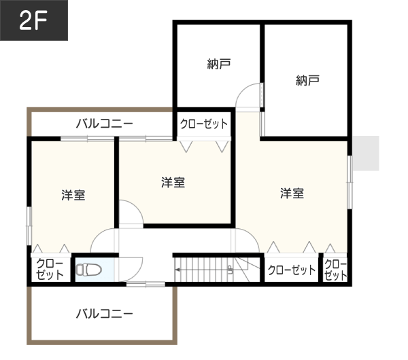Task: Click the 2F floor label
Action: coord(33,20)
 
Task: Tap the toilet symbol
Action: coord(88,270)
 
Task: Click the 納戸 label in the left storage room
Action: coord(219,64)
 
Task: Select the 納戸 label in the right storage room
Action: coord(307,80)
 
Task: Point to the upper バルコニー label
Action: coord(105,123)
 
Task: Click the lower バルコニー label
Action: coord(105,314)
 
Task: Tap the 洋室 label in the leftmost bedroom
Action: coord(73,195)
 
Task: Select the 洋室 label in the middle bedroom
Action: coord(173,182)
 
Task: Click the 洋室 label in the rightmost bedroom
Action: coord(292,194)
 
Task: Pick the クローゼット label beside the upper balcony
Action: coord(204,124)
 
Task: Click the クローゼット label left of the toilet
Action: coord(50,269)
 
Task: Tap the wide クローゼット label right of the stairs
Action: coord(292,270)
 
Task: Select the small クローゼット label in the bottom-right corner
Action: coord(335,270)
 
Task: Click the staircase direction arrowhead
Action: coord(177,270)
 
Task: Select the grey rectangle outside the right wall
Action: coord(366,153)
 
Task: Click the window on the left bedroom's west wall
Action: coord(29,226)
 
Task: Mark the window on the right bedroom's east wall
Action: coord(350,182)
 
